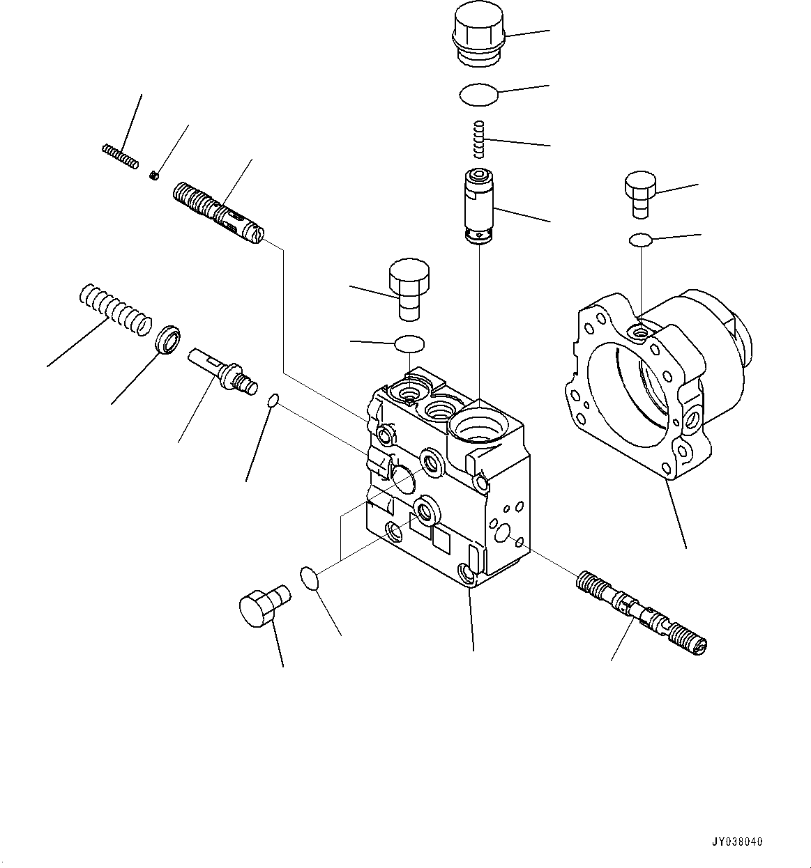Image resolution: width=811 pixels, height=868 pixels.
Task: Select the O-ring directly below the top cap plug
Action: [x=478, y=95]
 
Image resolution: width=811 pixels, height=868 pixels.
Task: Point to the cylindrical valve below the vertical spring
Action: [x=478, y=206]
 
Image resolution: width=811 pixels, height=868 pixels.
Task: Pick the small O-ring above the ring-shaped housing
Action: [x=640, y=240]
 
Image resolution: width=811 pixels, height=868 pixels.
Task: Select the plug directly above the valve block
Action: [x=409, y=290]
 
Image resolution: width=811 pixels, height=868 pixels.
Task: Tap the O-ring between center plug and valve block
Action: [x=409, y=343]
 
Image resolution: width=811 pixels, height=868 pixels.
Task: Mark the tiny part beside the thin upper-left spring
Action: [x=154, y=175]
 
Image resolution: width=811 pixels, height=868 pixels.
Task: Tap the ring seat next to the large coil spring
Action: [x=168, y=339]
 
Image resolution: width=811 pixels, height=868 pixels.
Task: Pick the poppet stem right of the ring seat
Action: [x=222, y=370]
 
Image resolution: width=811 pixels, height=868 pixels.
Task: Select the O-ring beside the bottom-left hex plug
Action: [x=309, y=578]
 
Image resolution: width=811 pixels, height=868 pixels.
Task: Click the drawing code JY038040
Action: [x=738, y=842]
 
